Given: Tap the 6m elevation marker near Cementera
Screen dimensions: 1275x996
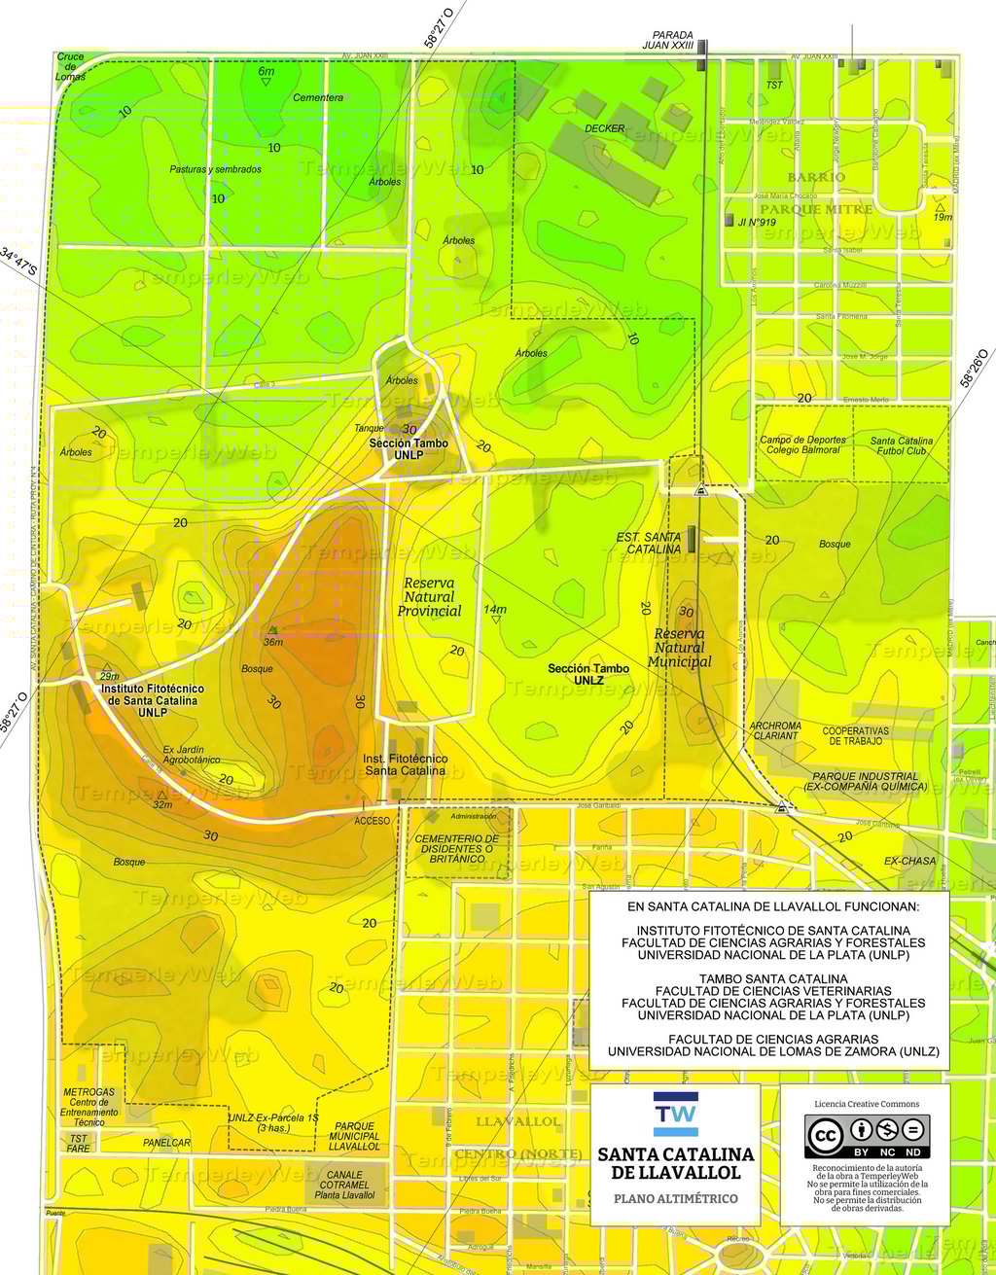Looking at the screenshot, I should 266,72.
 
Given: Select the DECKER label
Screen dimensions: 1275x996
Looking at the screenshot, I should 604,128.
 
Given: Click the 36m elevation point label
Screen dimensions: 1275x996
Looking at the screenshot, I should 273,641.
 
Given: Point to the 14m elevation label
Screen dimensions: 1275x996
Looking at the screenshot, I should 495,610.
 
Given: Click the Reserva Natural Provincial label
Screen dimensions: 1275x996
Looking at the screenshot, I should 429,597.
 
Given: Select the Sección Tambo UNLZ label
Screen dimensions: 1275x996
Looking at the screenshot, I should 588,674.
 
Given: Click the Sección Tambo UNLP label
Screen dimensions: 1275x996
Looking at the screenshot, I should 409,448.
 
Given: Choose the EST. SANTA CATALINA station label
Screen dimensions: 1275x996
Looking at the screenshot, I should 649,543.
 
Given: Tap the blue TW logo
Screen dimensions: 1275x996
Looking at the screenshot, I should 675,1115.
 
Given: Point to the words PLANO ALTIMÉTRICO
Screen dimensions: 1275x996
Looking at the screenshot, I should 675,1198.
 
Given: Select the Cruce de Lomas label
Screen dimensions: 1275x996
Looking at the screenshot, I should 70,66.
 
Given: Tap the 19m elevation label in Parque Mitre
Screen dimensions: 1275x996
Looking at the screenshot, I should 943,216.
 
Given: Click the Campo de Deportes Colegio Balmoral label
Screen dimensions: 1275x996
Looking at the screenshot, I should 803,444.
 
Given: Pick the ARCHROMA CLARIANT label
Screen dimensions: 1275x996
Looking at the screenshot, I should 775,730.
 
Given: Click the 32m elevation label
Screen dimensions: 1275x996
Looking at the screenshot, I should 162,804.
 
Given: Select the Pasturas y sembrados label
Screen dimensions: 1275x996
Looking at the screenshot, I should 215,169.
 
